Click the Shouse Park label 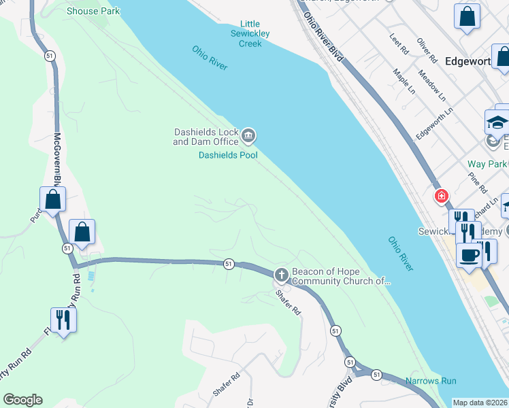pos(93,11)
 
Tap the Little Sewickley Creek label pos(250,33)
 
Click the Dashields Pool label pos(228,155)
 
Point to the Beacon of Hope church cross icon pos(281,275)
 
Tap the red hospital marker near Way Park pos(442,197)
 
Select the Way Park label pos(487,164)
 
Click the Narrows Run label pos(431,381)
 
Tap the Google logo pos(22,400)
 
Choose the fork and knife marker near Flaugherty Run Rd pos(63,320)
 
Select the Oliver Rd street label pos(426,48)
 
